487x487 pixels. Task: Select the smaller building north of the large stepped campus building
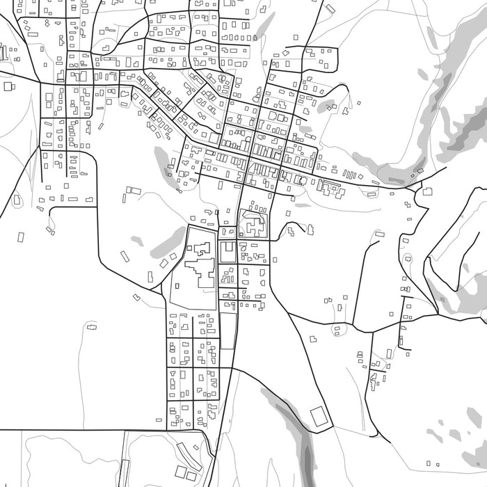(200, 248)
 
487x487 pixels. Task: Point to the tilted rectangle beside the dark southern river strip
(319, 417)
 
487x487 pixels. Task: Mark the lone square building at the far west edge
(9, 86)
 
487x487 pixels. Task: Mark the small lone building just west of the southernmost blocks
(159, 421)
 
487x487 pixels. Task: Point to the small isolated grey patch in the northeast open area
(326, 106)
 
